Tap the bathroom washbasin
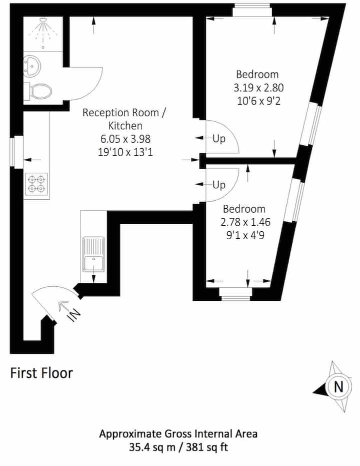(31, 66)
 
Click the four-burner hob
(36, 184)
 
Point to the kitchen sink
(93, 254)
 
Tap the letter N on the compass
(338, 387)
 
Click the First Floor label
(41, 373)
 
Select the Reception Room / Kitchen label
(124, 119)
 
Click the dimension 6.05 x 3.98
(125, 139)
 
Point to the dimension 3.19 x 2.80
(258, 88)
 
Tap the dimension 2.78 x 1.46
(245, 222)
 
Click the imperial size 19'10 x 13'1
(125, 152)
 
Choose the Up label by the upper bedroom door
(219, 139)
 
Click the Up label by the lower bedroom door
(219, 185)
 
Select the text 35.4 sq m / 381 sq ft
(178, 447)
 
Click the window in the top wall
(252, 10)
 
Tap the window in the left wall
(16, 152)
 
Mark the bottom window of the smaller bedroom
(235, 294)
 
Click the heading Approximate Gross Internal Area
(178, 434)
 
